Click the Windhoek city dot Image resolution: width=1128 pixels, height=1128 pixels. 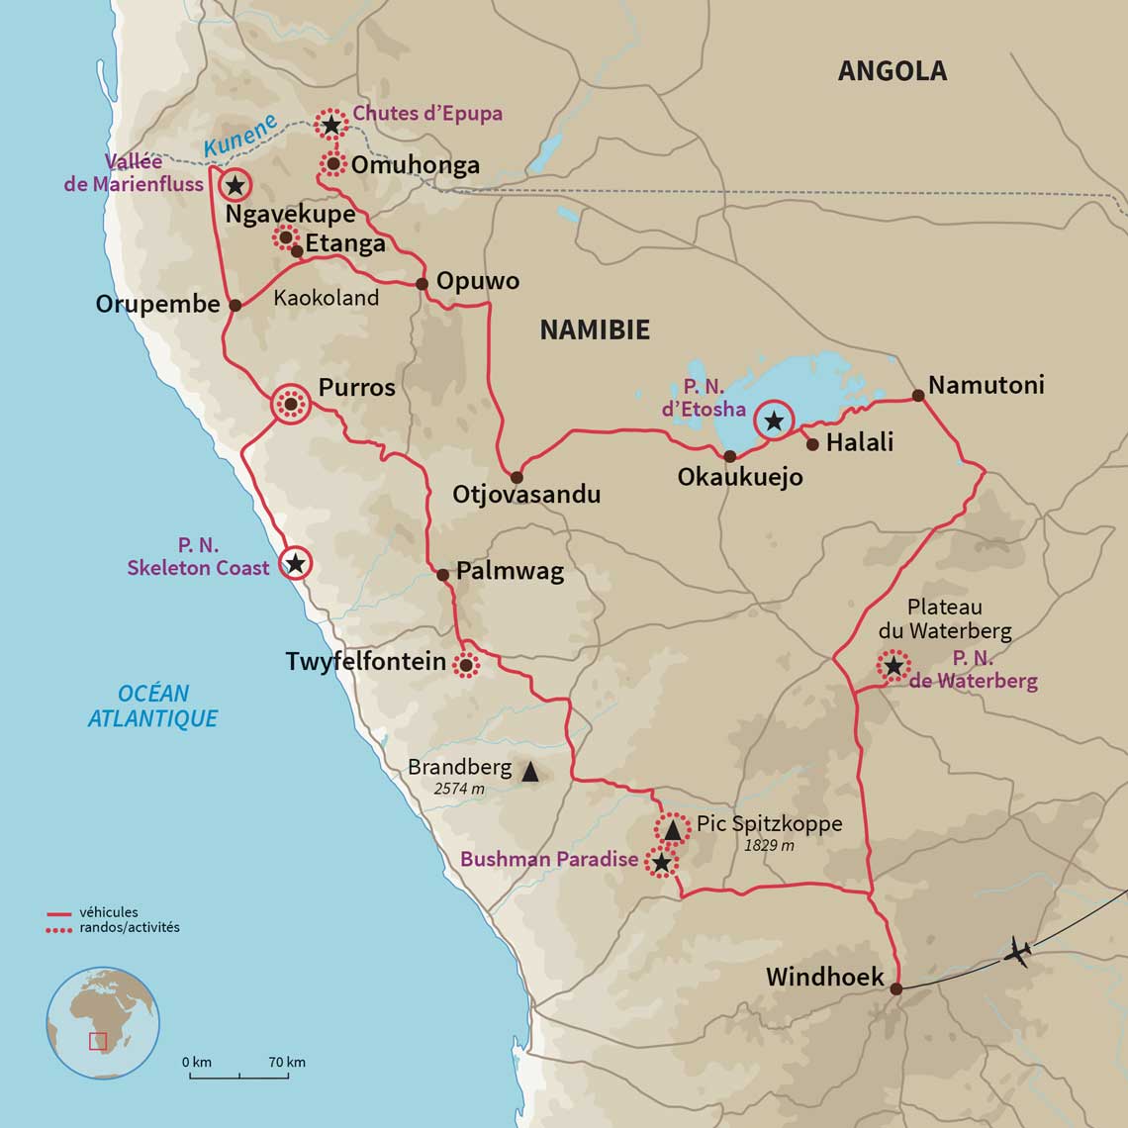click(895, 988)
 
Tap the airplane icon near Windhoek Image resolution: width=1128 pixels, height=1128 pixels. click(1016, 953)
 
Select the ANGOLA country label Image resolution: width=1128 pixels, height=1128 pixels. click(892, 71)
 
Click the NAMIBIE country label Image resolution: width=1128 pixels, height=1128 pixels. click(594, 330)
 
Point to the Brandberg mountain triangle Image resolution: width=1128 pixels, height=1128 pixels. click(529, 772)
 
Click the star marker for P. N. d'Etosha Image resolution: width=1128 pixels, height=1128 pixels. click(774, 423)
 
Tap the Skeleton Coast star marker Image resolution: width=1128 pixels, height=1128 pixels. click(294, 564)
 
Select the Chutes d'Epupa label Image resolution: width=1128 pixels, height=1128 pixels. click(427, 114)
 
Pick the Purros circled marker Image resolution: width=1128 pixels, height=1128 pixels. click(291, 404)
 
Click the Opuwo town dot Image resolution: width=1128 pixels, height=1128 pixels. click(422, 284)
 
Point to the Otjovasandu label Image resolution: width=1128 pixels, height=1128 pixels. click(526, 494)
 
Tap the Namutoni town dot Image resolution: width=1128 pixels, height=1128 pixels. click(917, 396)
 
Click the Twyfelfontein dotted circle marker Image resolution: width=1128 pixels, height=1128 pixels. click(465, 665)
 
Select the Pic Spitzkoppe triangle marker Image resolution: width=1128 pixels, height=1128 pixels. click(672, 829)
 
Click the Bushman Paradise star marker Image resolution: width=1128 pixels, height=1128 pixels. click(661, 863)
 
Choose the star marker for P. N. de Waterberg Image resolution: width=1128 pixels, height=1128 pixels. click(893, 666)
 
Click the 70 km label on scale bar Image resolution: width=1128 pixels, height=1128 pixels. click(287, 1062)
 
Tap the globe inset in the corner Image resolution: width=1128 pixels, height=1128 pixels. click(103, 1022)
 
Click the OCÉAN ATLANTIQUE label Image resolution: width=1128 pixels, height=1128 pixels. click(152, 705)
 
